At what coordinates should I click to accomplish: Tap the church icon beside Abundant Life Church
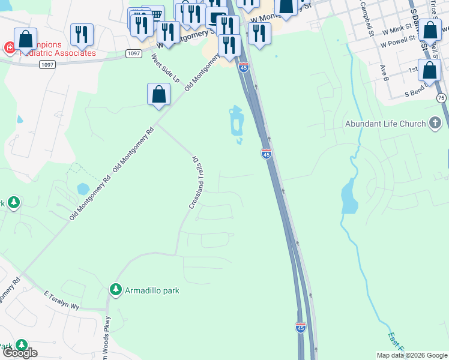[435, 124]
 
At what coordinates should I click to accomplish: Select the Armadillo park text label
[152, 290]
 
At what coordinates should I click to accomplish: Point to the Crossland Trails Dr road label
[194, 183]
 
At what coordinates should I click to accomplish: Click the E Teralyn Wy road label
[62, 300]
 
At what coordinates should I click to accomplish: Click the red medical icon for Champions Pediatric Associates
[10, 47]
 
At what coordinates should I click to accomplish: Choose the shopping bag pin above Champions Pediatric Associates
[25, 39]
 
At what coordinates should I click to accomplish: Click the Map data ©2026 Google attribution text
[411, 355]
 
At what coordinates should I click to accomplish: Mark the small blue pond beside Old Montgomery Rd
[83, 189]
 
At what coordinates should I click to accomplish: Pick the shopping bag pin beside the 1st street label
[429, 70]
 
